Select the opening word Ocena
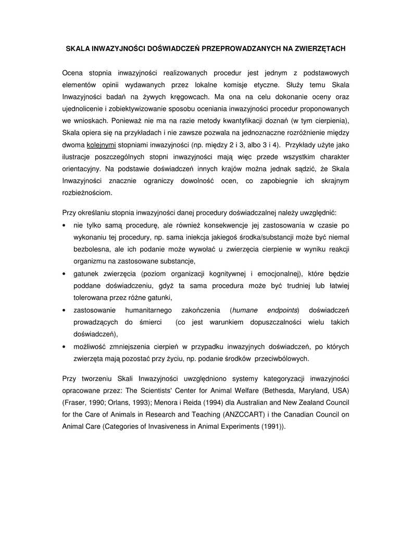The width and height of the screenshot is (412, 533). point(72,73)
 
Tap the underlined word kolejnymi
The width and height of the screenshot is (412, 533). point(101,145)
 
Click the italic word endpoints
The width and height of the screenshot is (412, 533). point(282,310)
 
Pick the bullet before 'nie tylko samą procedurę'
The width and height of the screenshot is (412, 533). point(64,225)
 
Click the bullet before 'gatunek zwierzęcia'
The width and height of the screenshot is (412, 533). point(64,274)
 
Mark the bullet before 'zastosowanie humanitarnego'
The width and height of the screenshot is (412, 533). point(64,311)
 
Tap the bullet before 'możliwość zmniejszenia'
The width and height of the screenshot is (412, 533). point(64,347)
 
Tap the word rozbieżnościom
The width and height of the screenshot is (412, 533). point(86,192)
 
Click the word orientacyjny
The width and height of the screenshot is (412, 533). point(82,169)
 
